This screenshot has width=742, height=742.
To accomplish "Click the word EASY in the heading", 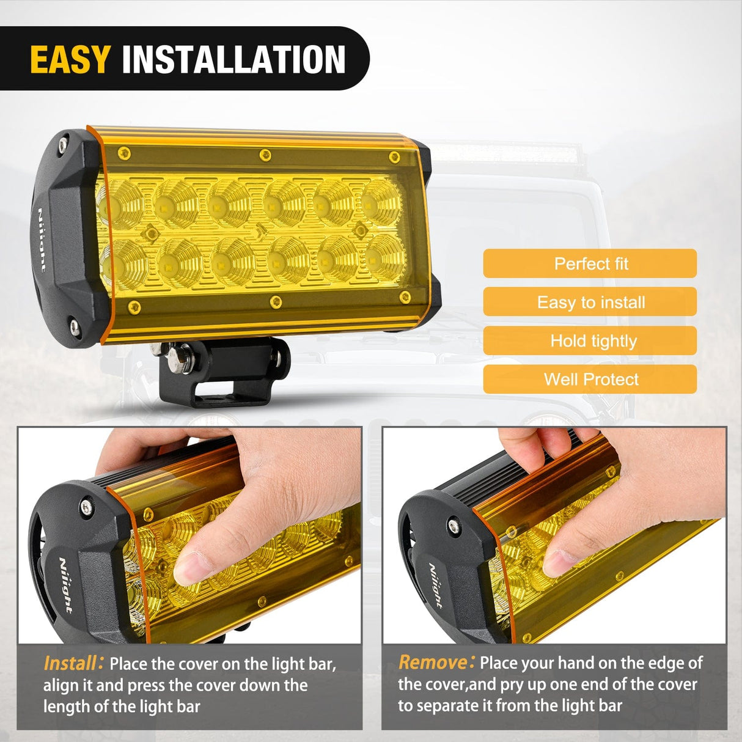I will pyautogui.click(x=70, y=59).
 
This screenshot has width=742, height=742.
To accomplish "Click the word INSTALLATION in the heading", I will pyautogui.click(x=233, y=59).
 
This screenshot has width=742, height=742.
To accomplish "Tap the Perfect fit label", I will pyautogui.click(x=590, y=263).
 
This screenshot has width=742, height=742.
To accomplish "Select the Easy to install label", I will pyautogui.click(x=590, y=302).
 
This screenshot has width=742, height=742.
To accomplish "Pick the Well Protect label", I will pyautogui.click(x=590, y=379).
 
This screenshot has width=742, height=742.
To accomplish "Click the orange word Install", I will pyautogui.click(x=71, y=663).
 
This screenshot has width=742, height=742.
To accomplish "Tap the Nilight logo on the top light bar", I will pyautogui.click(x=42, y=238).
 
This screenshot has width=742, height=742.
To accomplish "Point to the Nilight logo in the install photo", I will pyautogui.click(x=65, y=584).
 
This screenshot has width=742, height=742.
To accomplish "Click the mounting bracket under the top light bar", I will pyautogui.click(x=223, y=373).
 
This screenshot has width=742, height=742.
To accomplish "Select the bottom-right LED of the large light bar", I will pyautogui.click(x=385, y=257).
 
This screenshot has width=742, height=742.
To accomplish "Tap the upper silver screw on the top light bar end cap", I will pyautogui.click(x=63, y=145).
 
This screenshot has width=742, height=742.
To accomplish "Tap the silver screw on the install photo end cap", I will pyautogui.click(x=86, y=506).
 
